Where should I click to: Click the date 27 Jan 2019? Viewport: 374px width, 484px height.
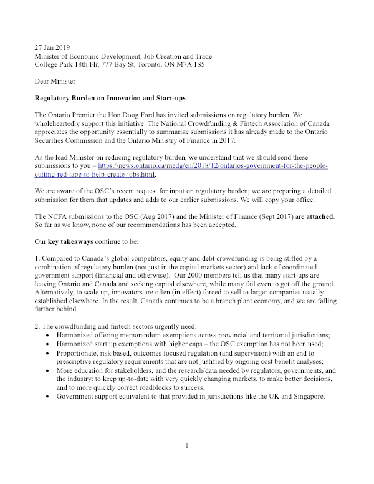(52, 47)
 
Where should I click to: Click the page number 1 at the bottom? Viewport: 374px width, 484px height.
(186, 446)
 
